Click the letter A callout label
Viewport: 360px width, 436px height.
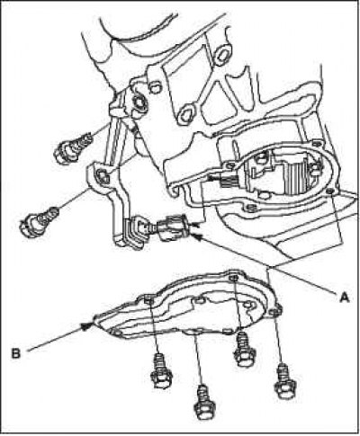pos(344,297)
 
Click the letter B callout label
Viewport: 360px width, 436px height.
pos(16,353)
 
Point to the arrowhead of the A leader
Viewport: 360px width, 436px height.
pos(198,237)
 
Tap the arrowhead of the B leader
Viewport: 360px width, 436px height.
pos(87,326)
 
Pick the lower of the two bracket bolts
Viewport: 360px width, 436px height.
pos(39,222)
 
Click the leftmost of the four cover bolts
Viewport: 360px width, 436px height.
pos(161,370)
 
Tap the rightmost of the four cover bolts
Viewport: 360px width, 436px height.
pos(284,380)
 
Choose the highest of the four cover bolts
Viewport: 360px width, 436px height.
pos(245,349)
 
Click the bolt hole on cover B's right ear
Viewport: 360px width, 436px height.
pos(274,313)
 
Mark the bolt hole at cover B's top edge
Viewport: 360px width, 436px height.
pos(234,278)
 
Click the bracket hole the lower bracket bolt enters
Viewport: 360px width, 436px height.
pos(103,175)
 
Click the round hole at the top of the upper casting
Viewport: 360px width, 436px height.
pos(223,55)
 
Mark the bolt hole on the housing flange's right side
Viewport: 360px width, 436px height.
pos(330,191)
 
